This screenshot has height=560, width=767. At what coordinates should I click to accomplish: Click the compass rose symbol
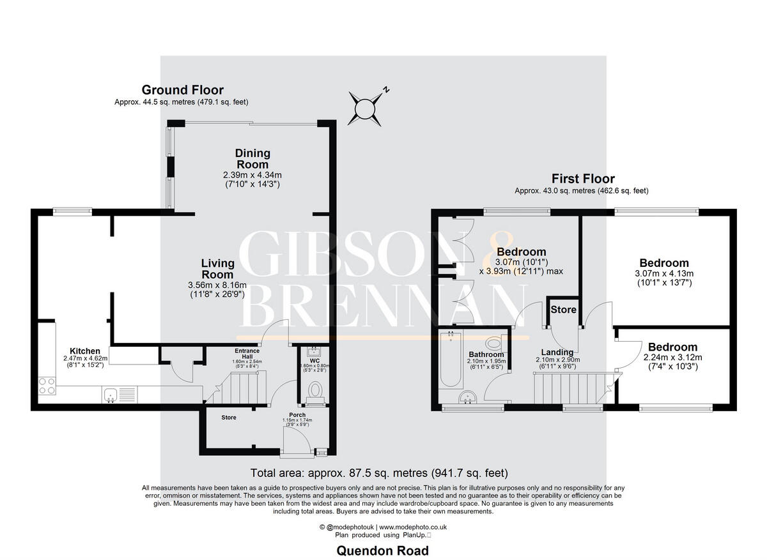pyautogui.click(x=365, y=106)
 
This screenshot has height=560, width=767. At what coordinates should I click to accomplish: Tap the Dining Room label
pyautogui.click(x=252, y=159)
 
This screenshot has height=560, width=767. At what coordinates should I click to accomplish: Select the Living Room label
pyautogui.click(x=217, y=269)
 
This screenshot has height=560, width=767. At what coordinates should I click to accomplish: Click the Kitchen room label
pyautogui.click(x=85, y=351)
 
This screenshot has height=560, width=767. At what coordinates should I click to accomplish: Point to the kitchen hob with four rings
pyautogui.click(x=47, y=385)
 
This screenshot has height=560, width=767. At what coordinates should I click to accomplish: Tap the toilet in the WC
pyautogui.click(x=315, y=390)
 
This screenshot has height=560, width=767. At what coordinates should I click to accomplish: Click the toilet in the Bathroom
pyautogui.click(x=494, y=344)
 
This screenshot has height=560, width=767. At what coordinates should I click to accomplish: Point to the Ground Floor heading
pyautogui.click(x=182, y=90)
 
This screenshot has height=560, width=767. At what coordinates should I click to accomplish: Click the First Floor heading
pyautogui.click(x=584, y=179)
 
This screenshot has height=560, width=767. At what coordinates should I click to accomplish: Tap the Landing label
pyautogui.click(x=557, y=352)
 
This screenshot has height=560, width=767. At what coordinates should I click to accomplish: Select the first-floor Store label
pyautogui.click(x=564, y=310)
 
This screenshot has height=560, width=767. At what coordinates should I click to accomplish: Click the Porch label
pyautogui.click(x=297, y=415)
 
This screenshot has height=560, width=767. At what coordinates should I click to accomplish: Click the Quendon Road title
pyautogui.click(x=382, y=550)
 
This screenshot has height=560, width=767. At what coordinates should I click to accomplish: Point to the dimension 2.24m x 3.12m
pyautogui.click(x=671, y=358)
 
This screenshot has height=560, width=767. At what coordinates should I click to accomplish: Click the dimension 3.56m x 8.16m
pyautogui.click(x=218, y=285)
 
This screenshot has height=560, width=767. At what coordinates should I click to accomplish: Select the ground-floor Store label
pyautogui.click(x=229, y=418)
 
